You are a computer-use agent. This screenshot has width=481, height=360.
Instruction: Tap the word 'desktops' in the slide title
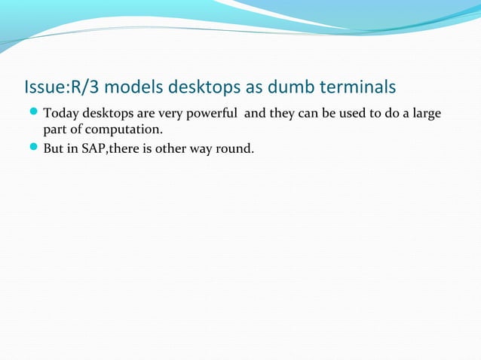(198, 88)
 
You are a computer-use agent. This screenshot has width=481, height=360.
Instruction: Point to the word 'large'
(424, 114)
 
